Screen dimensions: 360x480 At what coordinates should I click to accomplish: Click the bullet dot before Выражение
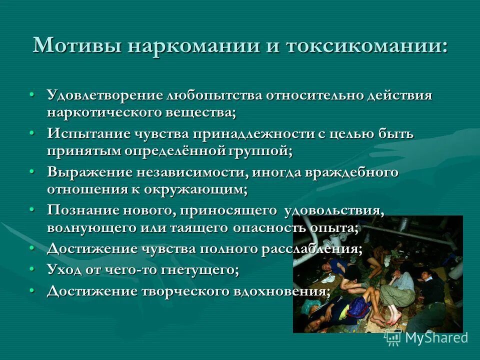[x=32, y=171]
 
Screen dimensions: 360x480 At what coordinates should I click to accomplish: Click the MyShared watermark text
[x=436, y=337]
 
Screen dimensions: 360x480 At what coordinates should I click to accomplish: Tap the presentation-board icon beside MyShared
[x=393, y=337]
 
